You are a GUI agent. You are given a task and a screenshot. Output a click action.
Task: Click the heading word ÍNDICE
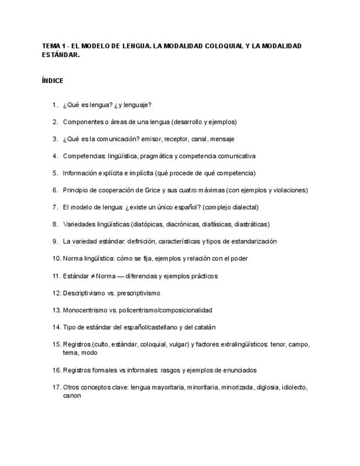click(52, 81)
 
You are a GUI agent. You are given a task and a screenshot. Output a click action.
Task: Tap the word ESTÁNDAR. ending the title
click(60, 55)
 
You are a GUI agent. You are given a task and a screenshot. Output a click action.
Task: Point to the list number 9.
click(56, 241)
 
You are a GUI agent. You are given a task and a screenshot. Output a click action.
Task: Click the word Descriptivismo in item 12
click(84, 293)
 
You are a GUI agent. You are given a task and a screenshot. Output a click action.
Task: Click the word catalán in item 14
click(204, 327)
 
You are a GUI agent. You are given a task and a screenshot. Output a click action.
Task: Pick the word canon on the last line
click(71, 395)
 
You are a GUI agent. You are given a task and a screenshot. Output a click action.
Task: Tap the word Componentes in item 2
click(82, 121)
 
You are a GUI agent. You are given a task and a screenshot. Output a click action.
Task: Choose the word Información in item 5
click(81, 173)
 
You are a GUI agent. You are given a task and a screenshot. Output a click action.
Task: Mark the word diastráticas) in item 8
click(252, 224)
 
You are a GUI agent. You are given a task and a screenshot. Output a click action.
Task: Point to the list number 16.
click(57, 370)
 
